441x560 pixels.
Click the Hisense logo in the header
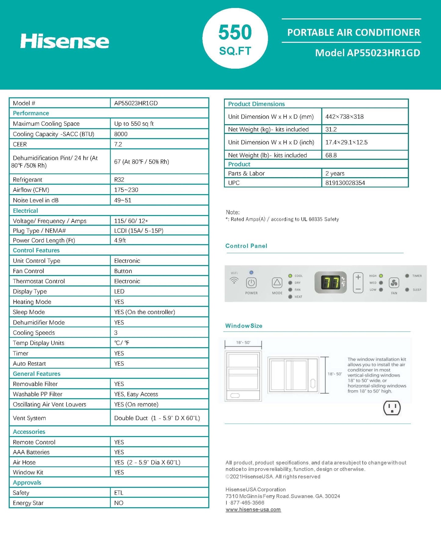click(x=64, y=41)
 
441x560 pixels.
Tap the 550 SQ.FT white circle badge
click(x=235, y=39)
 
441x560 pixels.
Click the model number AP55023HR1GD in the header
click(x=367, y=53)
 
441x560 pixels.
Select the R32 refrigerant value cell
click(x=119, y=179)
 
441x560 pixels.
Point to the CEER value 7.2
click(x=118, y=144)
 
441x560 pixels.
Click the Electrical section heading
click(x=25, y=211)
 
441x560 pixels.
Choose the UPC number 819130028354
click(x=345, y=183)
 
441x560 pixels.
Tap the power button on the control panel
click(x=251, y=283)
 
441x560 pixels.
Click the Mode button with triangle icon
click(x=277, y=283)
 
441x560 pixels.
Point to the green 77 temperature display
click(x=331, y=283)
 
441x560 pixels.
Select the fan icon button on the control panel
click(x=394, y=283)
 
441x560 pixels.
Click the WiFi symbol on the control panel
click(x=234, y=280)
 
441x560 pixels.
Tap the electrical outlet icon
click(x=392, y=408)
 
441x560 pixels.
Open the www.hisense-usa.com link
click(x=253, y=509)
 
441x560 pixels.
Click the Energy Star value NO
click(x=119, y=503)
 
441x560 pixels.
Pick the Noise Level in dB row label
click(x=35, y=200)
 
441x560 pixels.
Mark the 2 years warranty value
click(x=335, y=173)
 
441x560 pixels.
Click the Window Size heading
click(x=244, y=326)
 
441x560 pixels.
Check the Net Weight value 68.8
click(x=331, y=155)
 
